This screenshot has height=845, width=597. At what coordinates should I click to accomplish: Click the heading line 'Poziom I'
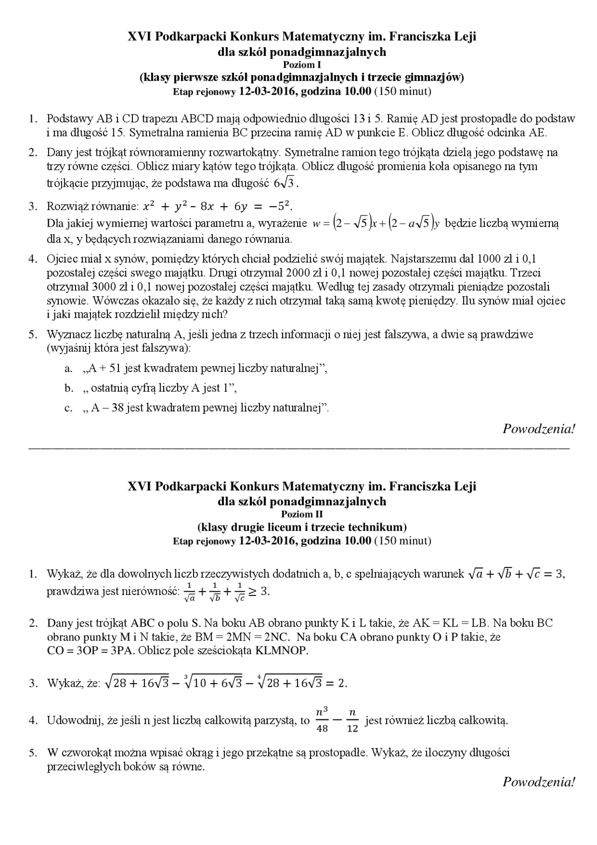tap(302, 65)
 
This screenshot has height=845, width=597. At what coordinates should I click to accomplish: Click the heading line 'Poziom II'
tap(302, 514)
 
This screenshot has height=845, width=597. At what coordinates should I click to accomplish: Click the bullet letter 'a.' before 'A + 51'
tap(69, 369)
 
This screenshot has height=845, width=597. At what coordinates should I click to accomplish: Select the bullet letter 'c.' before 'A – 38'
tap(69, 408)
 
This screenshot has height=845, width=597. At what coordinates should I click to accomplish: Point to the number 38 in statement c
tap(118, 408)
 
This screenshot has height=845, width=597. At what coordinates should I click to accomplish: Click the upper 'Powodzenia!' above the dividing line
tap(539, 429)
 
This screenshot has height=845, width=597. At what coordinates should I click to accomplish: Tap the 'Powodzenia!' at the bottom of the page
tap(539, 782)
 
